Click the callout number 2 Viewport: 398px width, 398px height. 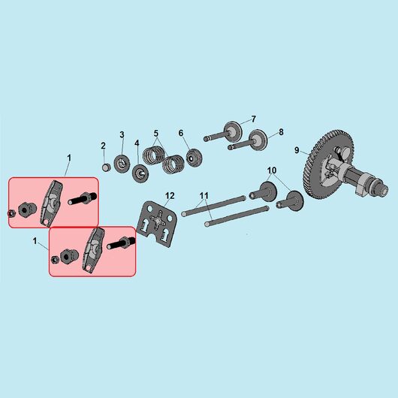[x=103, y=146]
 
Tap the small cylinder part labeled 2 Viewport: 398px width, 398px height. [x=106, y=167]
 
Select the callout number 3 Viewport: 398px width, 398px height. [x=122, y=134]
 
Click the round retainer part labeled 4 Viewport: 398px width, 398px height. [x=140, y=174]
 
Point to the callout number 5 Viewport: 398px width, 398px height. [x=156, y=133]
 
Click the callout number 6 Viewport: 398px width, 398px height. [x=181, y=133]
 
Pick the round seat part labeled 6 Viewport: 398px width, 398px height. [x=194, y=158]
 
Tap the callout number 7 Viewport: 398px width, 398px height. [x=253, y=119]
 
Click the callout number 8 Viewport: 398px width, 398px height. [x=281, y=131]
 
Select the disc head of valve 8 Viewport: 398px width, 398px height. [x=258, y=140]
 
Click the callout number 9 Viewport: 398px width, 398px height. [x=297, y=150]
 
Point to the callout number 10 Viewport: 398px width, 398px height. [x=272, y=170]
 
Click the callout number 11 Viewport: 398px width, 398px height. [x=204, y=195]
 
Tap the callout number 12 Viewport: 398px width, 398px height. [x=170, y=195]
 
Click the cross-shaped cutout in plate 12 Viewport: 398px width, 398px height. [x=158, y=218]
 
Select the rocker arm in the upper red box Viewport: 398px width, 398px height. [x=52, y=203]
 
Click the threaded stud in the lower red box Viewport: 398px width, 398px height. [x=121, y=243]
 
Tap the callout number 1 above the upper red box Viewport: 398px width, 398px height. [x=69, y=158]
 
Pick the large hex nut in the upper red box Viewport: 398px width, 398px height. [x=27, y=209]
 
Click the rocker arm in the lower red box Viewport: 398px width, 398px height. [x=92, y=251]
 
